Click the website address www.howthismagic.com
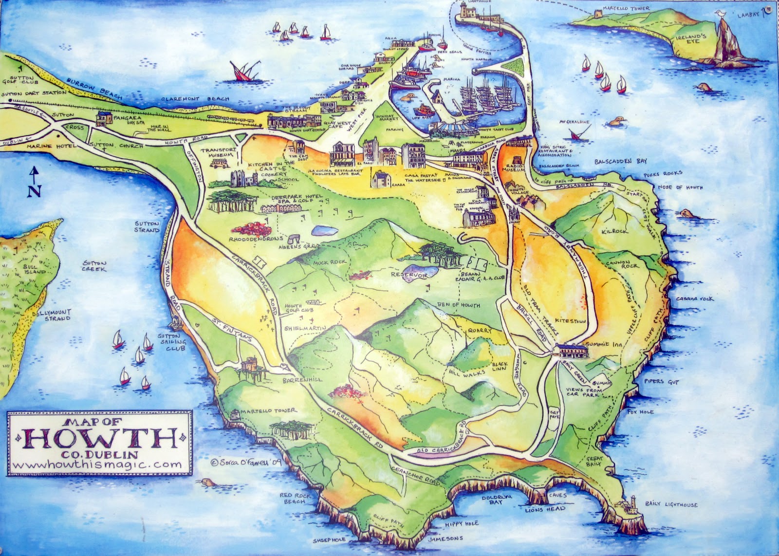click(98, 464)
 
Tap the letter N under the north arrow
click(33, 191)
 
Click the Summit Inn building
click(570, 351)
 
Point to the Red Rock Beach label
click(293, 499)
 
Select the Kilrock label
click(615, 231)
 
